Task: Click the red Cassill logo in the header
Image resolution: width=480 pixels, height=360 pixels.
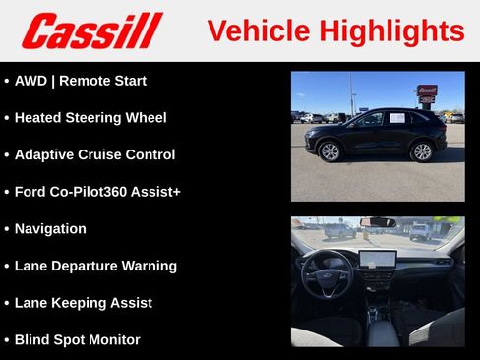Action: (x=91, y=30)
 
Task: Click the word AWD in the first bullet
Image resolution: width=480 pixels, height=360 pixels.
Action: (x=31, y=81)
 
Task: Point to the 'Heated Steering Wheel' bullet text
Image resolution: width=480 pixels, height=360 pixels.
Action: (x=90, y=118)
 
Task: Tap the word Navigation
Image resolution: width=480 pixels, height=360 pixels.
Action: (x=50, y=229)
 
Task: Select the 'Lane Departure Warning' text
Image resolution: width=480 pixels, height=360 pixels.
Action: (x=95, y=266)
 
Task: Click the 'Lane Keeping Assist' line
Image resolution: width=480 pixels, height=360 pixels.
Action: (x=84, y=303)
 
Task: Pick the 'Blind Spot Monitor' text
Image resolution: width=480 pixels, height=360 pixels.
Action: (x=77, y=340)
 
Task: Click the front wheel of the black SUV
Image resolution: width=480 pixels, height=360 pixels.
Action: (x=330, y=151)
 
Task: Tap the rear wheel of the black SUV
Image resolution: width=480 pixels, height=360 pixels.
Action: (x=422, y=151)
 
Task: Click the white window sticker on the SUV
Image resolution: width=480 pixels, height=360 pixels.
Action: (x=397, y=118)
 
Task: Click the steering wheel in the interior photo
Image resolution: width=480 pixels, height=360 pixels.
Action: (x=326, y=272)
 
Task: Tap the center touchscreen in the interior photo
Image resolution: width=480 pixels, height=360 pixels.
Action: (x=377, y=260)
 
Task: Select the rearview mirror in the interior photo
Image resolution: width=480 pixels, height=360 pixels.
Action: (x=378, y=223)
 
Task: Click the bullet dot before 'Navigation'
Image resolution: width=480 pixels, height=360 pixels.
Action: (x=7, y=229)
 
